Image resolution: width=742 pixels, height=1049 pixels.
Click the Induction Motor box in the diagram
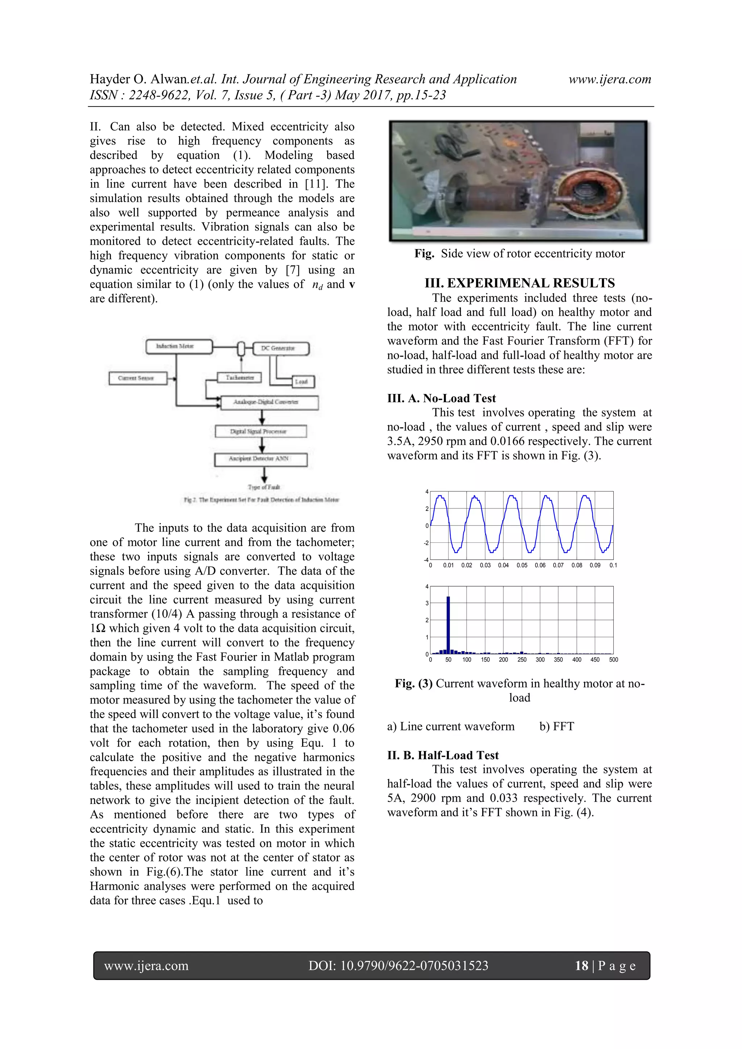point(179,346)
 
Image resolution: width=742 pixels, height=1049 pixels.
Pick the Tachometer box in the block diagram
point(239,377)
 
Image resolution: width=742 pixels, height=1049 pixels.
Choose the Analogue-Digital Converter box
point(269,402)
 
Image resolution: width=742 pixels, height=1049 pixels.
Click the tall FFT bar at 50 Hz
point(448,625)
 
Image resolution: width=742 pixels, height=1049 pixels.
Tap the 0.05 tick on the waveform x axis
point(522,566)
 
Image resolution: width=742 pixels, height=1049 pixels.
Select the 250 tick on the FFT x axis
point(522,660)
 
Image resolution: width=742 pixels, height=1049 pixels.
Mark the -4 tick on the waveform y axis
point(426,560)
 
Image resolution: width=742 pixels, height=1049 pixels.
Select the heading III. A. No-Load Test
point(441,398)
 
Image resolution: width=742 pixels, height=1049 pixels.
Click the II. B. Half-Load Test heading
point(442,755)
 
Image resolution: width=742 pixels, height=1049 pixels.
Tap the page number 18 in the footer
point(581,965)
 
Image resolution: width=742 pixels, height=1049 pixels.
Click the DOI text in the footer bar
point(398,965)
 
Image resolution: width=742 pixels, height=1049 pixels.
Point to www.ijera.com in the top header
point(609,80)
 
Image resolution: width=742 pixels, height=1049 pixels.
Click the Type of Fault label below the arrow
point(264,487)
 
